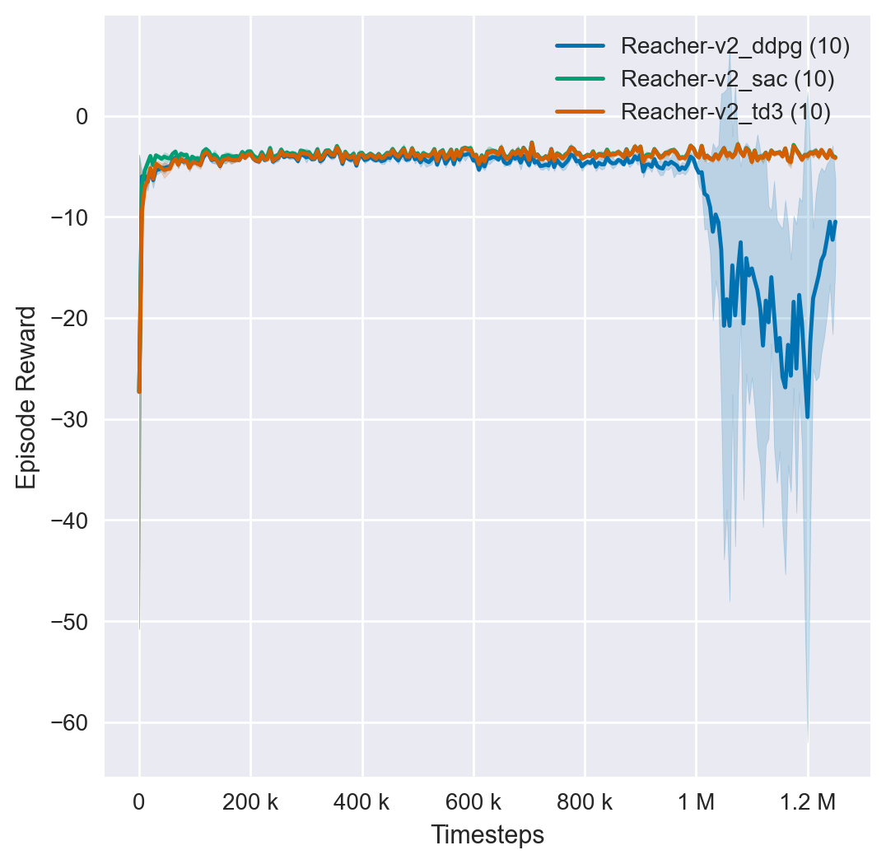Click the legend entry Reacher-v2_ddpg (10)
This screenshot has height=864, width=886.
(x=735, y=46)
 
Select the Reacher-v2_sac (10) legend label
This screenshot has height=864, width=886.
(x=728, y=79)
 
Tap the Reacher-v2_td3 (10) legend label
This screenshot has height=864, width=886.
(x=725, y=111)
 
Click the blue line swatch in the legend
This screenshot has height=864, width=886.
(x=581, y=46)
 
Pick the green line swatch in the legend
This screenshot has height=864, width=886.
(x=581, y=79)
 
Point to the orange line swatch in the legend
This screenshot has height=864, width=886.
(x=581, y=111)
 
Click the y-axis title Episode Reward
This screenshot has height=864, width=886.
(x=27, y=397)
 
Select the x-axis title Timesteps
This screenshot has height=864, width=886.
(x=487, y=835)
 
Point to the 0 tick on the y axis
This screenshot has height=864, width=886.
(x=82, y=116)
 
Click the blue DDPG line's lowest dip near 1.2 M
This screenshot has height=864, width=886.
(x=807, y=417)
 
